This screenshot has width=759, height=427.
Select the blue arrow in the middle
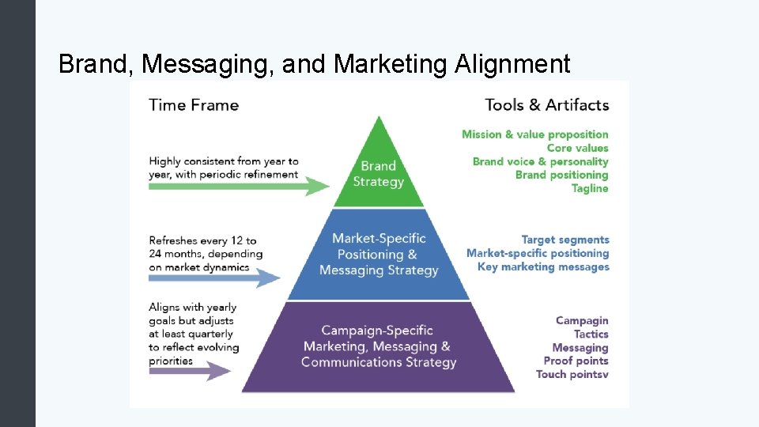click(x=214, y=278)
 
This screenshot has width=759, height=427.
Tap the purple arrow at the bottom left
click(x=186, y=369)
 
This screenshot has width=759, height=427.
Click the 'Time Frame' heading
click(x=194, y=104)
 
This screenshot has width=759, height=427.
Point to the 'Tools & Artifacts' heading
click(x=546, y=104)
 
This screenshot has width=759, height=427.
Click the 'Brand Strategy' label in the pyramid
click(x=378, y=174)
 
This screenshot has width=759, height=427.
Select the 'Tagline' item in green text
click(x=590, y=188)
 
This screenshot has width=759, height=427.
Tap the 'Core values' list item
click(x=577, y=148)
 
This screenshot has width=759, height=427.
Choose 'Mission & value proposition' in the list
click(x=535, y=134)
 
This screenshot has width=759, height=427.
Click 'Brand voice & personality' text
click(x=541, y=161)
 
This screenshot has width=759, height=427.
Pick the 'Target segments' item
click(x=565, y=240)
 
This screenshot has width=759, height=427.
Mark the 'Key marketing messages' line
click(x=543, y=266)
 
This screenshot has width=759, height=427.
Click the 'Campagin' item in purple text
click(x=582, y=320)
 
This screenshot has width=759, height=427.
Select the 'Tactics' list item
click(x=591, y=334)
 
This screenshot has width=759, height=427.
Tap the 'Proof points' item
click(x=576, y=361)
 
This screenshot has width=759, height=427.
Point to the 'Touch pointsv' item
click(x=572, y=374)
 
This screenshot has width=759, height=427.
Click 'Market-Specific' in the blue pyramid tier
click(x=379, y=238)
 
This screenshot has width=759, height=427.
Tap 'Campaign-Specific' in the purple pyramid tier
click(x=377, y=331)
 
